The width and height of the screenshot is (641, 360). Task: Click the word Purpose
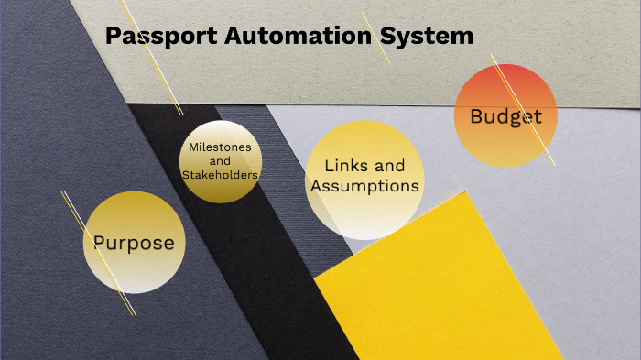134,243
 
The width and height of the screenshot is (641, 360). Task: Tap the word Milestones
220,147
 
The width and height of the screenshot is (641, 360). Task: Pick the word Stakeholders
220,174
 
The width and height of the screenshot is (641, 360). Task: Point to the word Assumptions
365,186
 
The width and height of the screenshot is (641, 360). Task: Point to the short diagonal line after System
375,38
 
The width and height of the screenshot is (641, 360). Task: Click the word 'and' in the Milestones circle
220,160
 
